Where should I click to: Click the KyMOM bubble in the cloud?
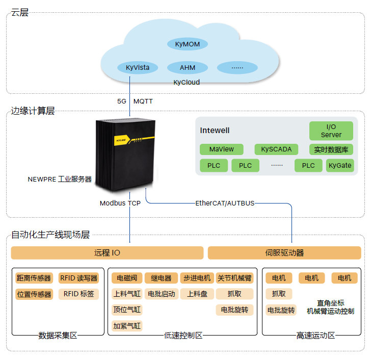pyautogui.click(x=187, y=44)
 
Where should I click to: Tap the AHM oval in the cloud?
pyautogui.click(x=187, y=67)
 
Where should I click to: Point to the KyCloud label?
pyautogui.click(x=187, y=82)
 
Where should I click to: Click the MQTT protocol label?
pyautogui.click(x=143, y=101)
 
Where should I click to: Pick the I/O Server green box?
pyautogui.click(x=331, y=131)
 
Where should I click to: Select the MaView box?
pyautogui.click(x=222, y=149)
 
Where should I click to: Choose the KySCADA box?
pyautogui.click(x=276, y=149)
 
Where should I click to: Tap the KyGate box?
pyautogui.click(x=339, y=165)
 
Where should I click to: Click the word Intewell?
pyautogui.click(x=215, y=131)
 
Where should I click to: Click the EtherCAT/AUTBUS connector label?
pyautogui.click(x=225, y=203)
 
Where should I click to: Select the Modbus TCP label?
pyautogui.click(x=120, y=203)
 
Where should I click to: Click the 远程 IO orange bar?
pyautogui.click(x=107, y=253)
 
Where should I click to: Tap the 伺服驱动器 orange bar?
pyautogui.click(x=284, y=253)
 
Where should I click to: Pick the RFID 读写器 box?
pyautogui.click(x=78, y=278)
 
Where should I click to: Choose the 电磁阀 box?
pyautogui.click(x=127, y=278)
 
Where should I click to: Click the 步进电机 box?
pyautogui.click(x=196, y=278)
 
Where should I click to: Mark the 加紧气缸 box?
pyautogui.click(x=127, y=325)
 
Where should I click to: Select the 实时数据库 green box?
pyautogui.click(x=331, y=149)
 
